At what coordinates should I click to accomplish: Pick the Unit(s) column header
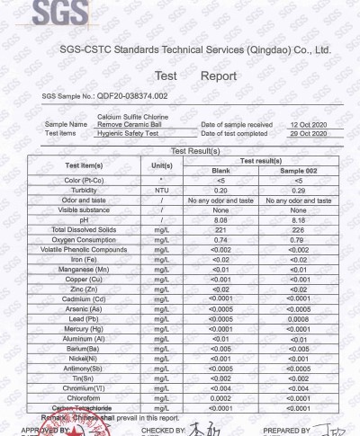pos(162,165)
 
